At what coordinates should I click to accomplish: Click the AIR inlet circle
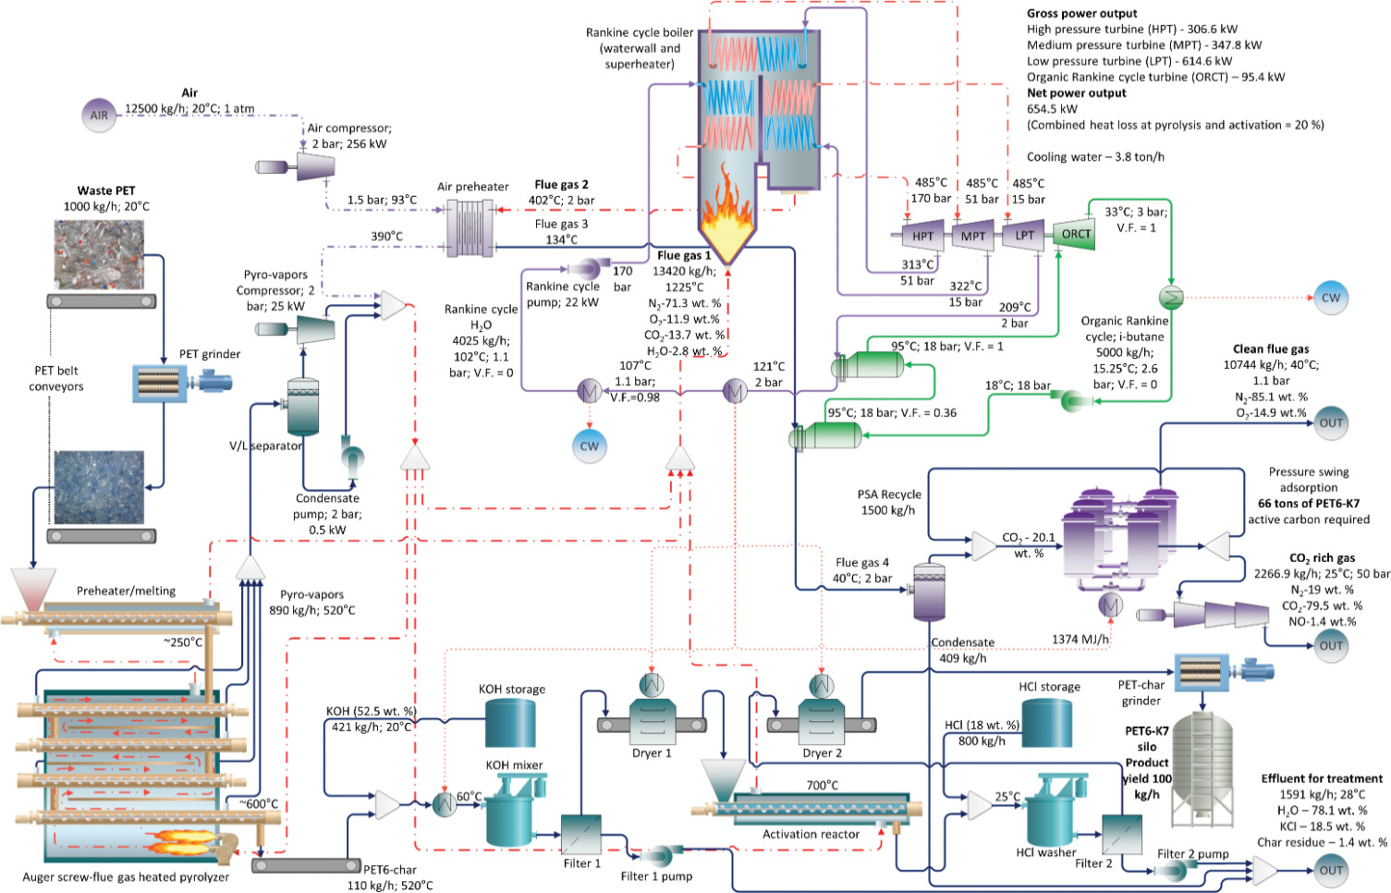tap(99, 116)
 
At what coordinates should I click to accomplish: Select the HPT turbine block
tap(922, 236)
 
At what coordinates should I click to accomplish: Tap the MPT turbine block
tap(972, 236)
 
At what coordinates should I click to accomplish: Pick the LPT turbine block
tap(1024, 235)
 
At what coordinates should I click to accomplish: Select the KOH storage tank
tap(511, 722)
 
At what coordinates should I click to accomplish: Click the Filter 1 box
tap(581, 835)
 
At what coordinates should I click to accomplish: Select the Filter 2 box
tap(1121, 835)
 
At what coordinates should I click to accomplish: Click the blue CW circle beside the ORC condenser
tap(1330, 298)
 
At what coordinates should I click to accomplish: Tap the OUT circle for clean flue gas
tap(1331, 423)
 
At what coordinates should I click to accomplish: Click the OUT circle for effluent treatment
tap(1331, 870)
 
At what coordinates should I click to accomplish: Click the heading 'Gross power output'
tap(1081, 14)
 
